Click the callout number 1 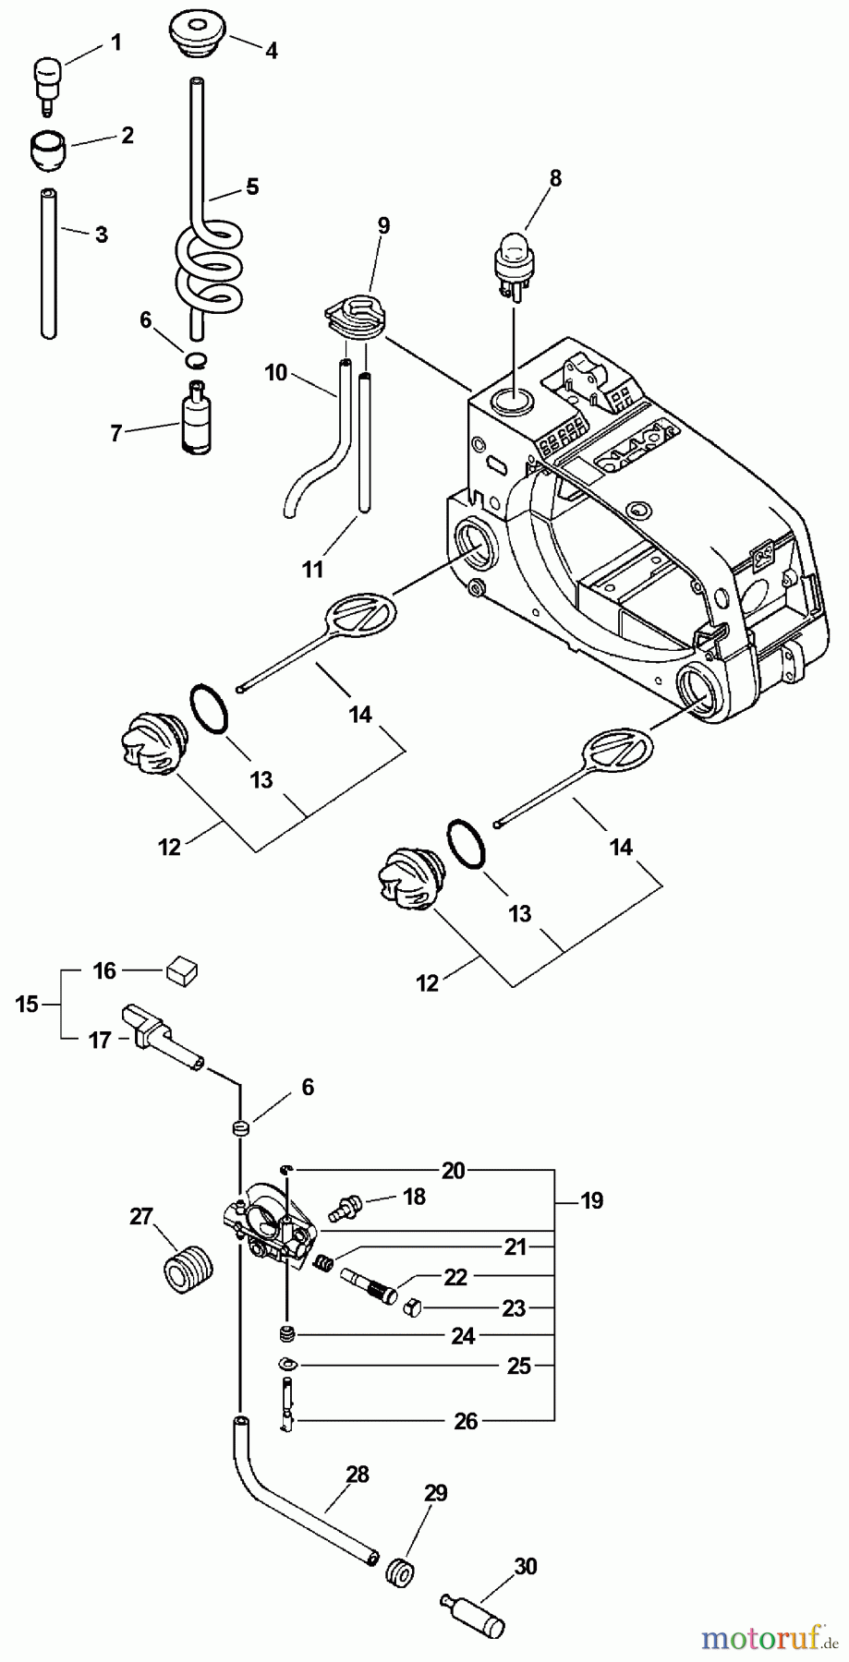coord(116,41)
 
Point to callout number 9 coord(383,225)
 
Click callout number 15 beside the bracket coord(28,1004)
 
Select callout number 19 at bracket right coord(591,1200)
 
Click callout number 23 coord(514,1307)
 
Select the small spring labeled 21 coord(324,1262)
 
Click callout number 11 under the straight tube coord(313,569)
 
